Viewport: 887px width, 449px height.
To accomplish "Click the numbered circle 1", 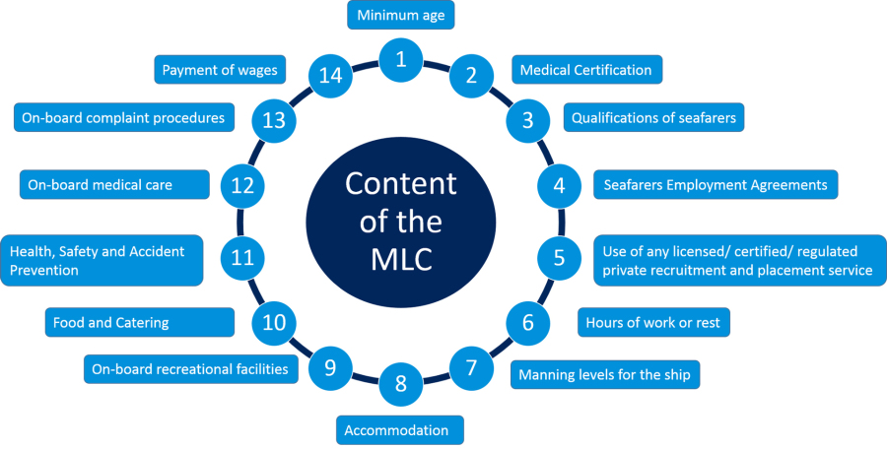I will [400, 58].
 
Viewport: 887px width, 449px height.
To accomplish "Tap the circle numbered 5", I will [559, 258].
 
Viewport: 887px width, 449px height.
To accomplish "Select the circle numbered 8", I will [400, 383].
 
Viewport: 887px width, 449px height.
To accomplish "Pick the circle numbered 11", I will [241, 258].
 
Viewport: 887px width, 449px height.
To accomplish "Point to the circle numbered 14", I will [327, 75].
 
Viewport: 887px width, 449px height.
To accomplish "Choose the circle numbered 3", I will [527, 120].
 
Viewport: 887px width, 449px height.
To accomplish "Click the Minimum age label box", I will [400, 15].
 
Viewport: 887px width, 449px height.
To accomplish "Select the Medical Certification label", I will [585, 70].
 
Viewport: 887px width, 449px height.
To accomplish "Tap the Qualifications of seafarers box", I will [653, 118].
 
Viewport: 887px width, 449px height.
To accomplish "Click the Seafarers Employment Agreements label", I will [716, 184].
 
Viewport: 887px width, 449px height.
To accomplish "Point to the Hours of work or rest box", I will [652, 323].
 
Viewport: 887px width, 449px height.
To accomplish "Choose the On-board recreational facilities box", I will [189, 369].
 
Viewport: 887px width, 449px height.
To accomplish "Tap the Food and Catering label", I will [139, 322].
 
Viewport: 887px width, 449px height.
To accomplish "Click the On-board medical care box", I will [114, 184].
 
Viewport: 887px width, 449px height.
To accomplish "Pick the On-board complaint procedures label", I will [124, 118].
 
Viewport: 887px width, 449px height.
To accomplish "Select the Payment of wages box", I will [220, 70].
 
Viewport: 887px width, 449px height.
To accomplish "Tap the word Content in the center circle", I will [400, 184].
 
